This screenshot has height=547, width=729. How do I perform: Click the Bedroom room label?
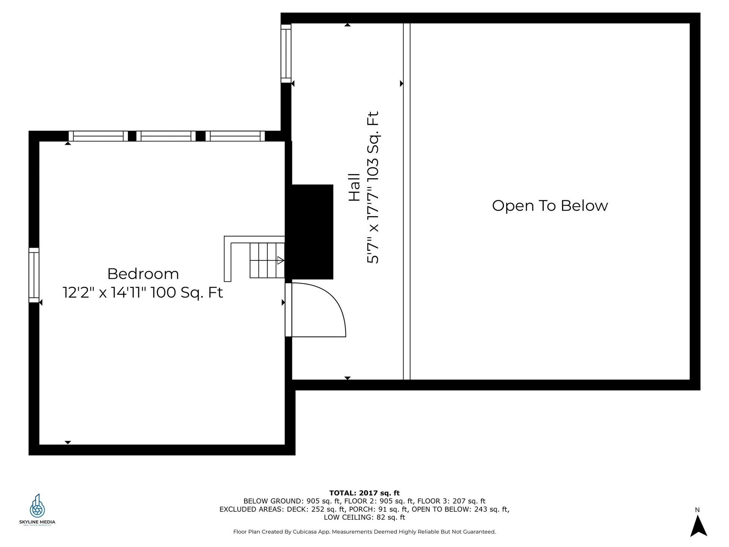click(x=143, y=274)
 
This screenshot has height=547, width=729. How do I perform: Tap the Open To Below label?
click(x=550, y=206)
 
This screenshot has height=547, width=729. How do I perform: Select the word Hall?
click(x=354, y=187)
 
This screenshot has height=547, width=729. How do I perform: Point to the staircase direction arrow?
click(x=281, y=261)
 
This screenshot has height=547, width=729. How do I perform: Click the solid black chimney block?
click(x=309, y=232)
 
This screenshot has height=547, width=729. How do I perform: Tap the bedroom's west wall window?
click(x=34, y=275)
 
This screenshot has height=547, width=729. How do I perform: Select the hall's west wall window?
click(x=286, y=54)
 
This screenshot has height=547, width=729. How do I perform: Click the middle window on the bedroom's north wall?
click(x=166, y=136)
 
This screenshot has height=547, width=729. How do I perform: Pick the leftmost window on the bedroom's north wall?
click(x=98, y=136)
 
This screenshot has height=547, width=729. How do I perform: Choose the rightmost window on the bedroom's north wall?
click(x=235, y=136)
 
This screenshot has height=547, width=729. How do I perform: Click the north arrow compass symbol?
click(x=698, y=526)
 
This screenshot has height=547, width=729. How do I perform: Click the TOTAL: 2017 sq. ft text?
click(x=364, y=493)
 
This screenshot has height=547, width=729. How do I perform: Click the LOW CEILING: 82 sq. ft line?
click(x=364, y=517)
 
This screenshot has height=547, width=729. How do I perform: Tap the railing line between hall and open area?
click(x=407, y=201)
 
